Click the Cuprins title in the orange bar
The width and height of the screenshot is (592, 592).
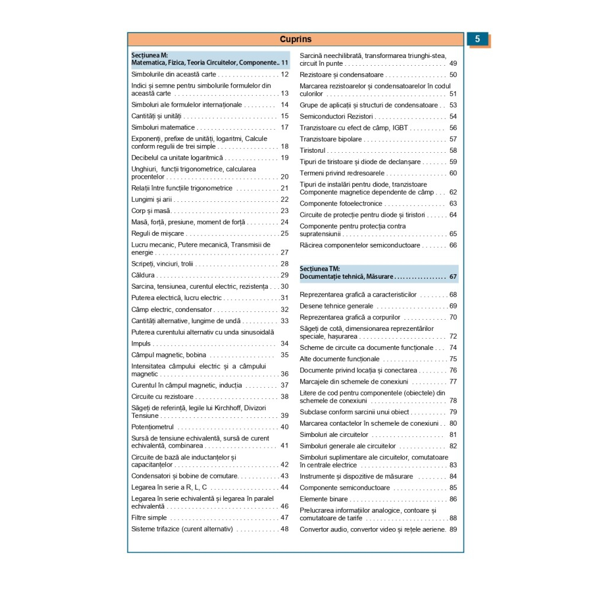[295, 40]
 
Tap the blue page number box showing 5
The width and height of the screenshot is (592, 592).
[478, 40]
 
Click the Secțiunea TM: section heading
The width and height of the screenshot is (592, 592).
[320, 269]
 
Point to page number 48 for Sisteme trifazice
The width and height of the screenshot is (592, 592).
[284, 529]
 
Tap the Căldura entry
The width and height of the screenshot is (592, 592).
[143, 275]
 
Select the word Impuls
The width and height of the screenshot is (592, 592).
[141, 343]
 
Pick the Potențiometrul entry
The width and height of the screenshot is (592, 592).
[152, 427]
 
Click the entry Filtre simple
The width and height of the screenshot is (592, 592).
[149, 517]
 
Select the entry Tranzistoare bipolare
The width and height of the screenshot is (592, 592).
[330, 139]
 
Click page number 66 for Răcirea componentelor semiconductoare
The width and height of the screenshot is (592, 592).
[453, 245]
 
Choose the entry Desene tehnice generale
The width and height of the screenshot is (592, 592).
[336, 306]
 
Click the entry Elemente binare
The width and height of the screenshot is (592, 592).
[323, 499]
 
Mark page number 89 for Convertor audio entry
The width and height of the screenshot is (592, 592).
[453, 529]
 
